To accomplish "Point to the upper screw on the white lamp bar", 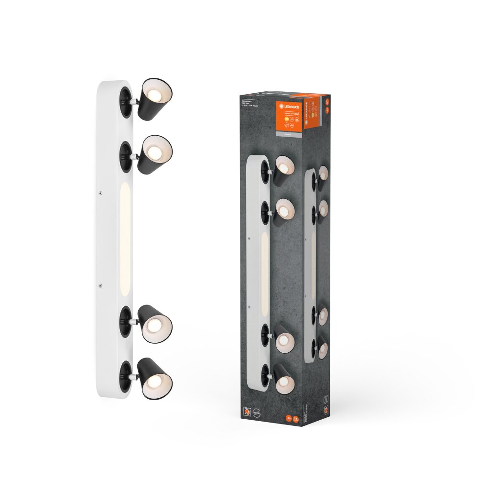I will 100,193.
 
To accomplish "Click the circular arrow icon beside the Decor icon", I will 258,410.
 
